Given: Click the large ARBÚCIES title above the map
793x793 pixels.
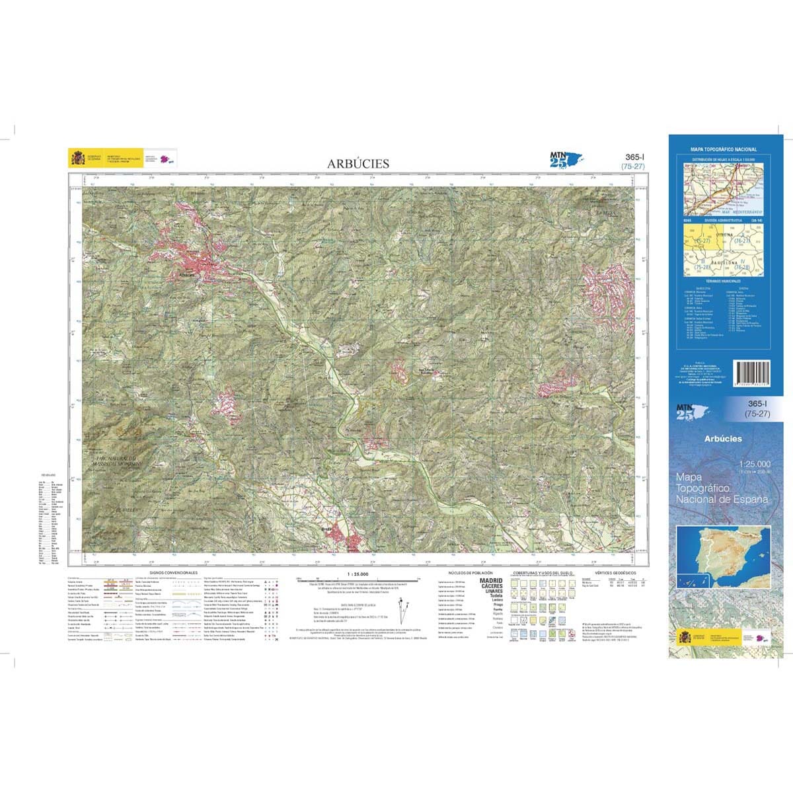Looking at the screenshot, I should [x=359, y=163].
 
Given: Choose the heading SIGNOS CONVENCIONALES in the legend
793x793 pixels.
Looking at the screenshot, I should [x=174, y=572].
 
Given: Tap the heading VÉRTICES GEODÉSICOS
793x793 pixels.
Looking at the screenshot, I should [x=615, y=572].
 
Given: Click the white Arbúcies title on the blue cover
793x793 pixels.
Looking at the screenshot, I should [x=723, y=439].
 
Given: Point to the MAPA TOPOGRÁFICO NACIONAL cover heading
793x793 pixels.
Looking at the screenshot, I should [x=724, y=150].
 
